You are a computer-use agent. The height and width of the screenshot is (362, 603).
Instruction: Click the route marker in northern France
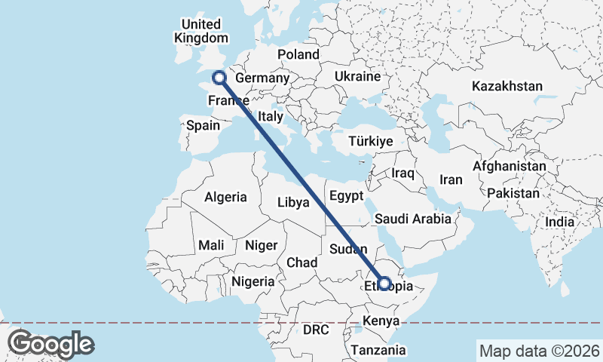tap(219, 77)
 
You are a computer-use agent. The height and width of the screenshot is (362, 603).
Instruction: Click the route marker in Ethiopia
tap(384, 284)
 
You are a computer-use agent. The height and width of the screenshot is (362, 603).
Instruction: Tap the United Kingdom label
tap(200, 31)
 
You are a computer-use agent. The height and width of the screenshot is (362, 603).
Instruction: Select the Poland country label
tap(298, 54)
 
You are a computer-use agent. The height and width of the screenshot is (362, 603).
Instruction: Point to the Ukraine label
tap(357, 77)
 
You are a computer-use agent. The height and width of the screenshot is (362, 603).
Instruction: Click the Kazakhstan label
tap(507, 86)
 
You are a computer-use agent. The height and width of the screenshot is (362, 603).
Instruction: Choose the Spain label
tap(203, 126)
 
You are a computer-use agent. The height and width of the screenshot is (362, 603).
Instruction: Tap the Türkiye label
tap(371, 141)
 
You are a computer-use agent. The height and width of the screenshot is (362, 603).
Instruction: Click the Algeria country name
tap(225, 197)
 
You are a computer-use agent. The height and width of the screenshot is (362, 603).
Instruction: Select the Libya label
tap(294, 202)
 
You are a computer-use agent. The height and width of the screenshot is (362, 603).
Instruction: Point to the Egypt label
tap(347, 196)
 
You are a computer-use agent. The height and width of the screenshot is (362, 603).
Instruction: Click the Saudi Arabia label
tap(412, 219)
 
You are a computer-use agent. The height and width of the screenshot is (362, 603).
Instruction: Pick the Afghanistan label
tap(510, 166)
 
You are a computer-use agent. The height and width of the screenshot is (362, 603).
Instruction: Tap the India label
tap(560, 222)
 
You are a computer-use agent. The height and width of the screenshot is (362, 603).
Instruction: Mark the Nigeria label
tap(253, 281)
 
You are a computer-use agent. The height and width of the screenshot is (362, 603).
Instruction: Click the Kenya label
tap(381, 322)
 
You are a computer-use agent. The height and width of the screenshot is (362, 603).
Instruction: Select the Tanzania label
tap(378, 351)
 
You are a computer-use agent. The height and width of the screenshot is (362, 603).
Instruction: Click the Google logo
tap(51, 344)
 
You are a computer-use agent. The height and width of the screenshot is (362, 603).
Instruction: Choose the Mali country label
tap(211, 245)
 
